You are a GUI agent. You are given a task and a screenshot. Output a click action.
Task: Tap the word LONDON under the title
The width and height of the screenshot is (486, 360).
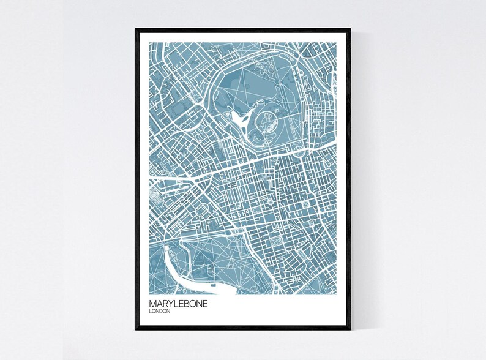click(x=160, y=312)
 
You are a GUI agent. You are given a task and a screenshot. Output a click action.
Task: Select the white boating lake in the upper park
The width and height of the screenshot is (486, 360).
click(x=242, y=116)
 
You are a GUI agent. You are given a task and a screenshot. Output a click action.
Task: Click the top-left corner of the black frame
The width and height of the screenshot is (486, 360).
click(x=136, y=29)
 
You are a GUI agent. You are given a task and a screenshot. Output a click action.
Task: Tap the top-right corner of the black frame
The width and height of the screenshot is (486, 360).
click(x=351, y=29)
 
